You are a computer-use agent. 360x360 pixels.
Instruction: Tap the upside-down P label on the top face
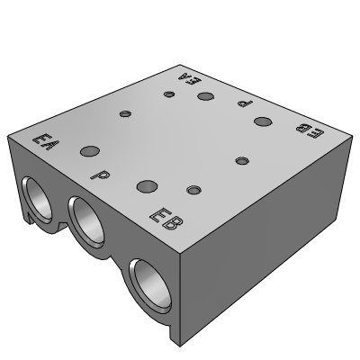tap(245, 103)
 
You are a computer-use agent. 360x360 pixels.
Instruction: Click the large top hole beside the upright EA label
tap(90, 151)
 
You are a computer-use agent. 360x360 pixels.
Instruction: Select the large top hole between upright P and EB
tap(147, 186)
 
